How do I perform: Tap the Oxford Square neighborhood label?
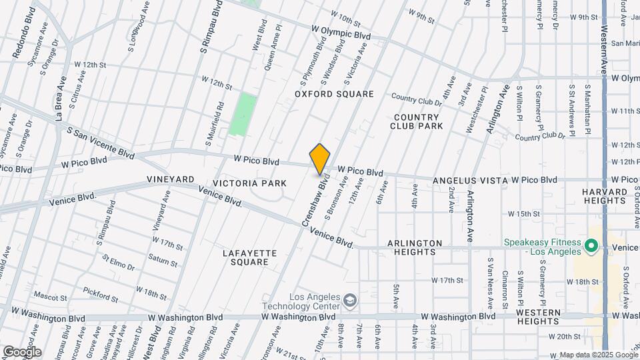(334, 94)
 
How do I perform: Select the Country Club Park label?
(417, 121)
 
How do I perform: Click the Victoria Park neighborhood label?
(249, 183)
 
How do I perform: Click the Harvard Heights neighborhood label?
(605, 197)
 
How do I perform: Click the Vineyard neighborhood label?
(171, 180)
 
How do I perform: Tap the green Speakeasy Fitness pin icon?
(591, 247)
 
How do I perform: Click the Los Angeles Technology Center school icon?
(349, 301)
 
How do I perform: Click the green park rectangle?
(243, 115)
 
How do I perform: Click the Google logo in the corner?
(21, 351)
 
